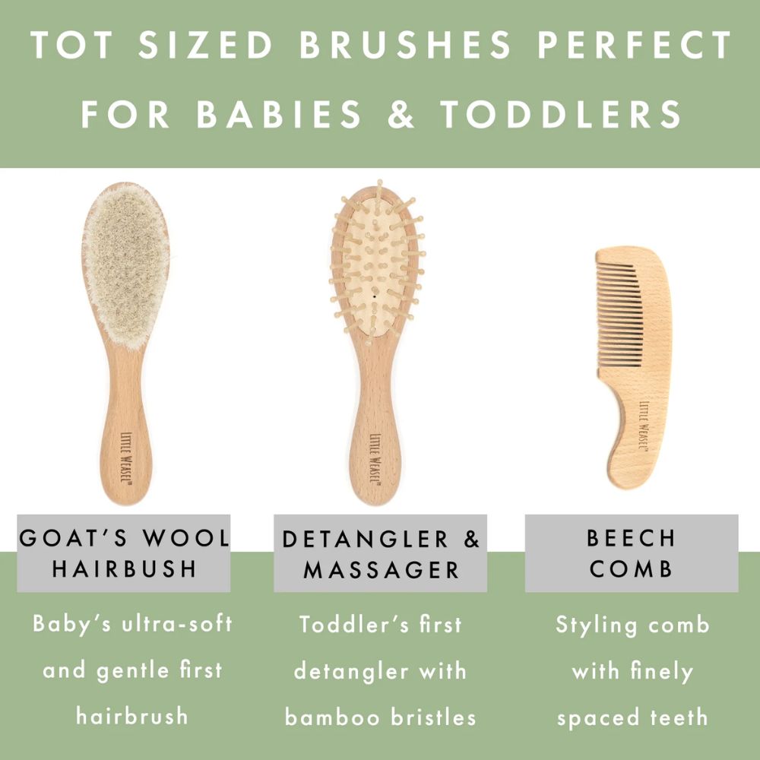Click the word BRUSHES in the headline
coord(405,45)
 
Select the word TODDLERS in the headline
coord(561,115)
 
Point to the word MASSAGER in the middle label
coord(381,570)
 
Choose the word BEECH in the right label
coord(631,538)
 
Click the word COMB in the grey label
coord(631,568)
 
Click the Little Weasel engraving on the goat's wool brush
coord(125,457)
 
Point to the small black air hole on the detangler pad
coord(374,295)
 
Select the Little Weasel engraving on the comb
coord(644,425)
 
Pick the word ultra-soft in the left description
coord(177,623)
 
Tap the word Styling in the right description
coord(596,625)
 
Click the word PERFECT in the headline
coord(635,45)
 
